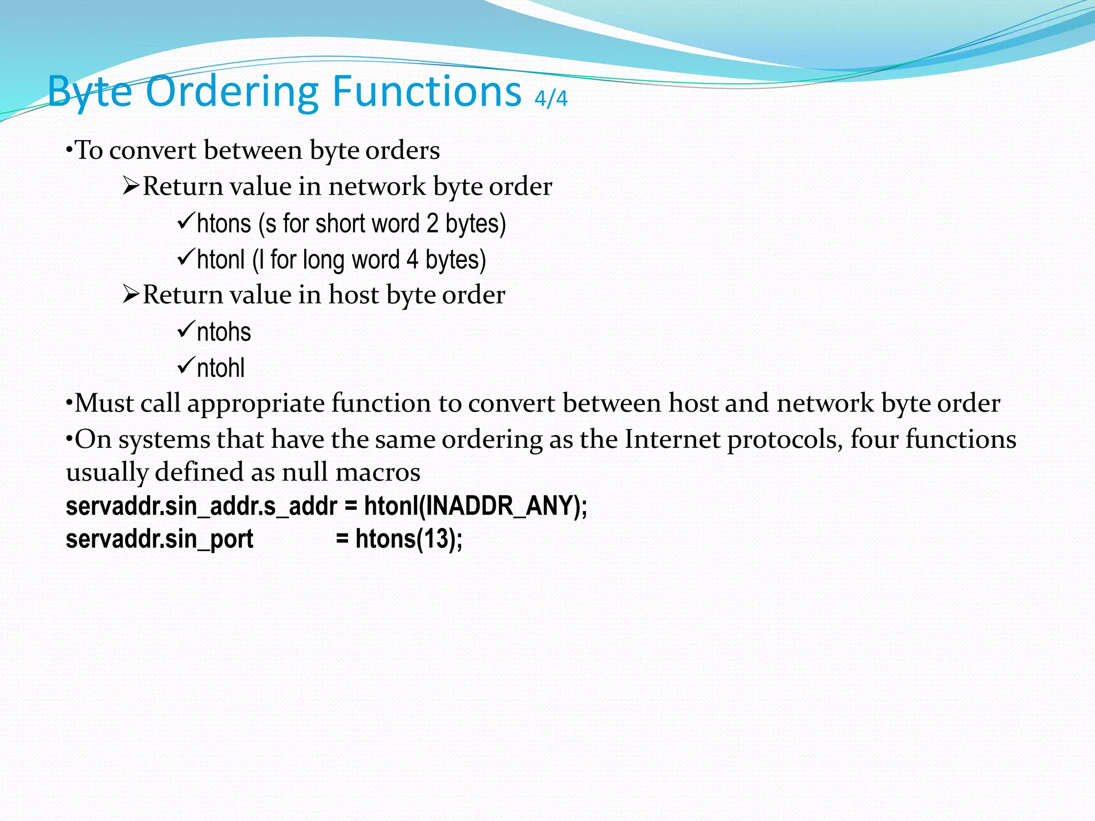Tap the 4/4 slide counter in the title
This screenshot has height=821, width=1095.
coord(551,98)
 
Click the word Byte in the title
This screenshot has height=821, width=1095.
coord(89,92)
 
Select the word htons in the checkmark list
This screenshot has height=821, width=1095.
coord(223,223)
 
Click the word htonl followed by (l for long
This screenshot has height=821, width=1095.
coord(221,260)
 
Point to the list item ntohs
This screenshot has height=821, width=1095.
coord(223,332)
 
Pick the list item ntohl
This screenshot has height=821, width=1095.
coord(221,368)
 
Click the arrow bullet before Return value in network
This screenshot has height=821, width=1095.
coord(130,187)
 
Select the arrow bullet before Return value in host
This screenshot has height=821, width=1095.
coord(130,295)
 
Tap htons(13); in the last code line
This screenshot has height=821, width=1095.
coord(409,539)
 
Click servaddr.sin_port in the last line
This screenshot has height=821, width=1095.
coord(159,539)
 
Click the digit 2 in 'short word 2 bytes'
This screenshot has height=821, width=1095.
coord(432,223)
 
